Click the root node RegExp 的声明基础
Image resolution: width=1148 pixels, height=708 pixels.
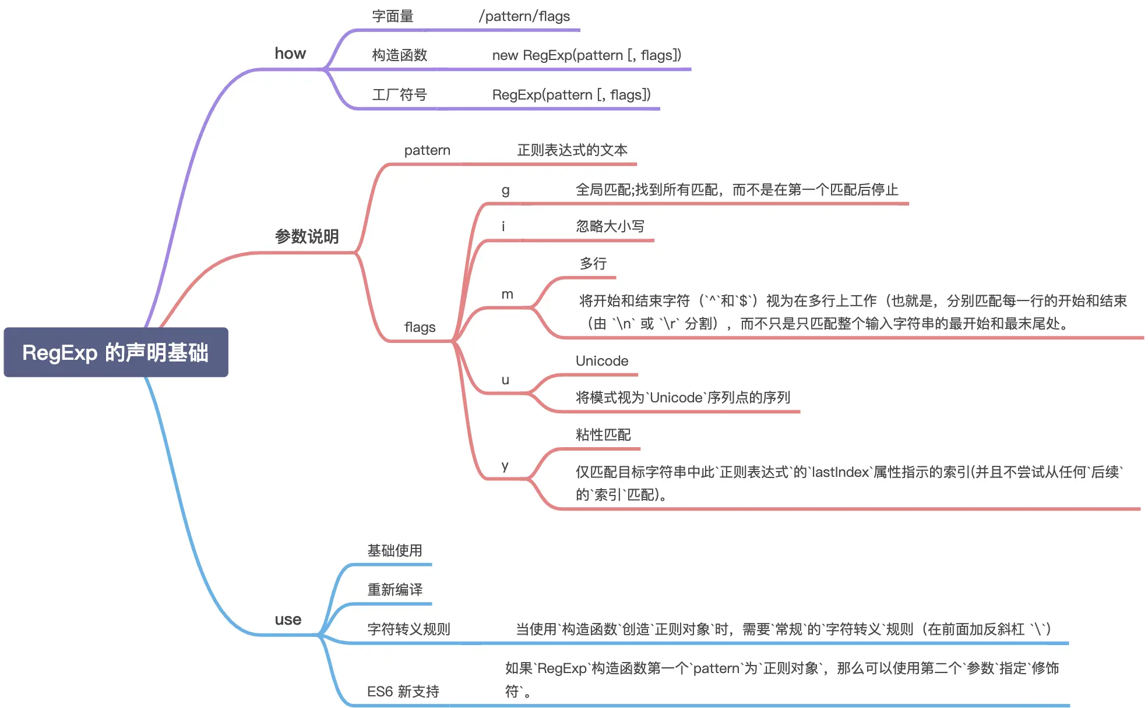[115, 352]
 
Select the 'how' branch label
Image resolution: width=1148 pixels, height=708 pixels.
[290, 54]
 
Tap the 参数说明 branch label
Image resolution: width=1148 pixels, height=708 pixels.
[307, 236]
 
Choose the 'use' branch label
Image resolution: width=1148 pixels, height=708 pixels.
[288, 619]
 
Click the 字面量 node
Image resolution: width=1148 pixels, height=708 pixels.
[393, 16]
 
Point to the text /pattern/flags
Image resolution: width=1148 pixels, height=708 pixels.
[524, 16]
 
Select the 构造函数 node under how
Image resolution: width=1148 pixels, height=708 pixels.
[400, 55]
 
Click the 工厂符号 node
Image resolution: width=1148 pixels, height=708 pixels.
[400, 95]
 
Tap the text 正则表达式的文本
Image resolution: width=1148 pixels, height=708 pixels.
[572, 150]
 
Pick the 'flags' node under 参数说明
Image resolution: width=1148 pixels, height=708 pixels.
[420, 327]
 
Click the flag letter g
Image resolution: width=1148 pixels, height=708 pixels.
[506, 190]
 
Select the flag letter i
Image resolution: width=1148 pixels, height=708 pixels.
[503, 226]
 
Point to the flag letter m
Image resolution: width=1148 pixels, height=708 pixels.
[508, 295]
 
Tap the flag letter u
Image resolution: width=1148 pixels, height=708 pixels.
[505, 380]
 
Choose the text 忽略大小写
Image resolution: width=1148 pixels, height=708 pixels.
[610, 226]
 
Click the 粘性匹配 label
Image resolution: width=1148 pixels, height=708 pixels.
[603, 435]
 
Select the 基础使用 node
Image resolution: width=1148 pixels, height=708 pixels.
[395, 551]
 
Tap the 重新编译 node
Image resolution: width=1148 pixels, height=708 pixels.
[395, 590]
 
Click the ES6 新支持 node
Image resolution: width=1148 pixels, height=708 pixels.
[403, 692]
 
